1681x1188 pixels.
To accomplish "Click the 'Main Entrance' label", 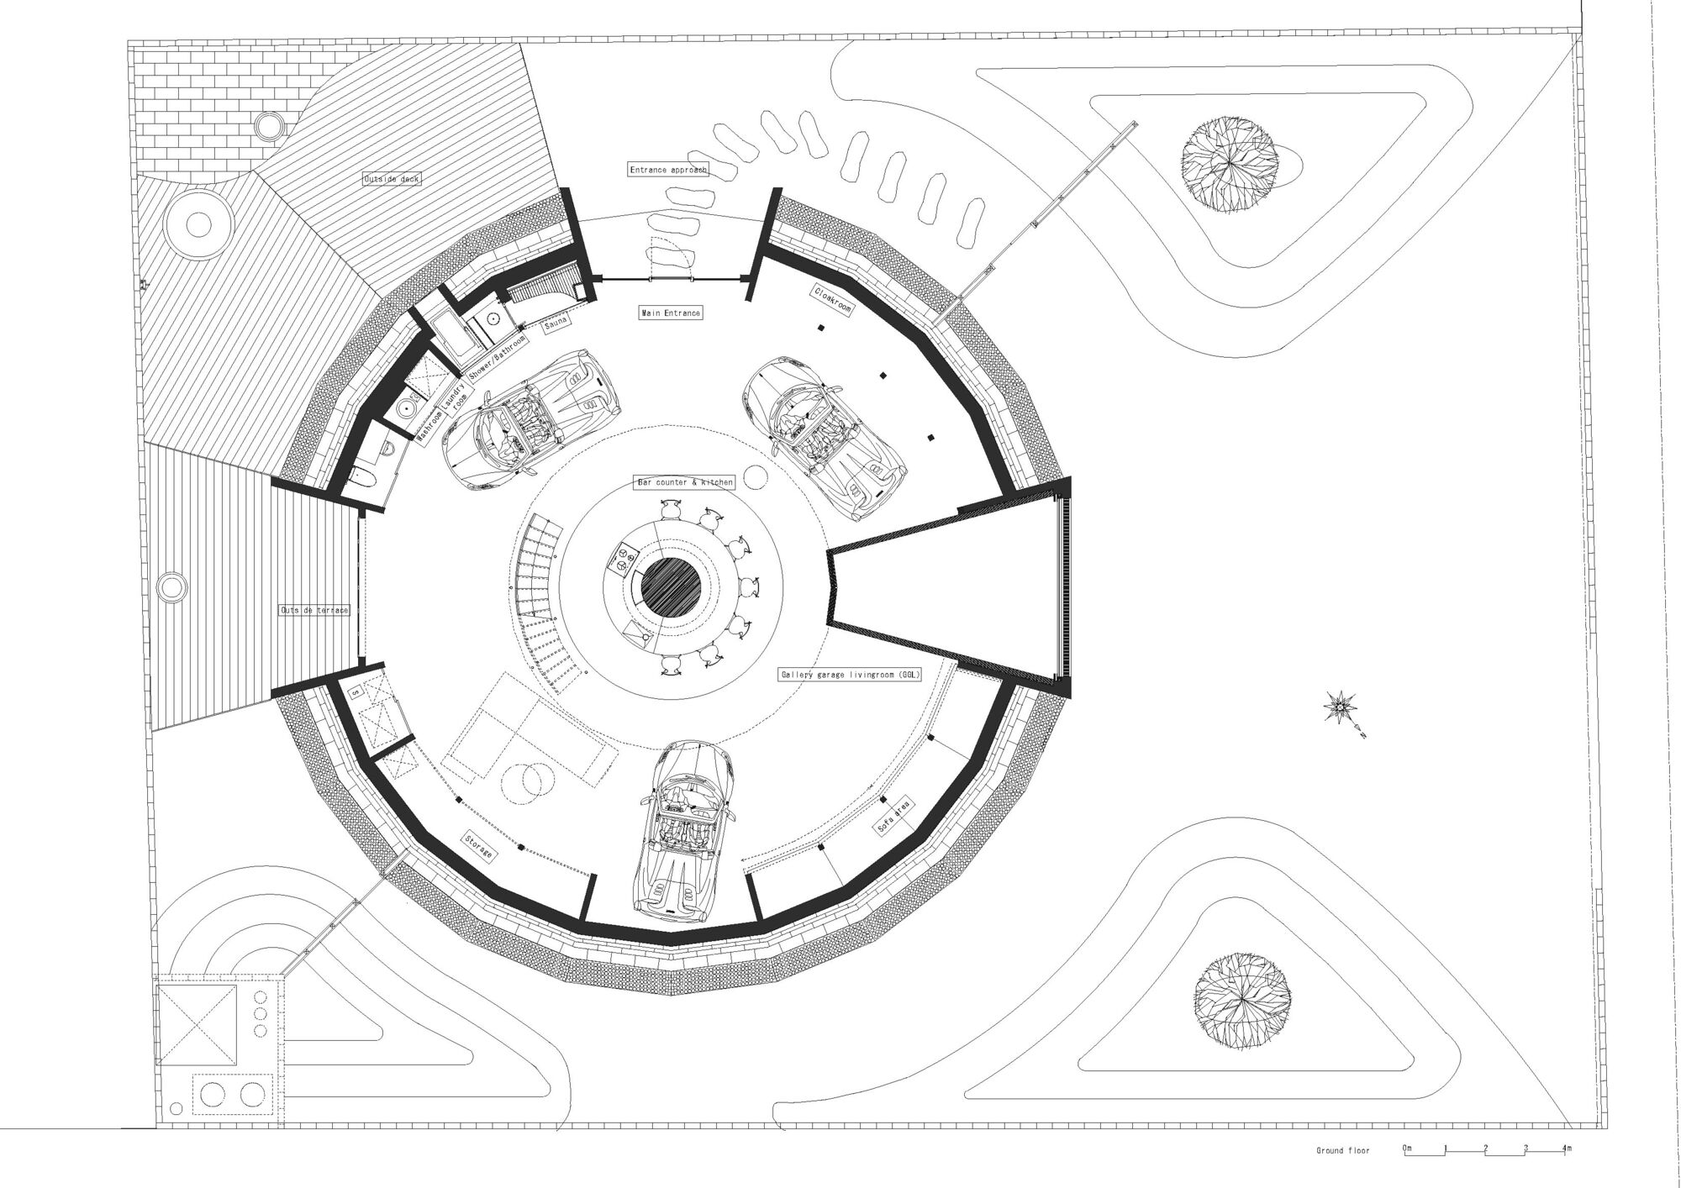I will click(x=670, y=313).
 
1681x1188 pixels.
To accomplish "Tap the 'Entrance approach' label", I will click(x=668, y=170).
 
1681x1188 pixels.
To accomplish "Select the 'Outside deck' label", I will click(x=391, y=179).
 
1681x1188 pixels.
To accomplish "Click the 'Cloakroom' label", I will click(x=832, y=300).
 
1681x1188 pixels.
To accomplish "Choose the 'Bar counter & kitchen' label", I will click(x=684, y=483).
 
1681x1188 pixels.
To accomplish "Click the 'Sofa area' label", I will click(x=893, y=816).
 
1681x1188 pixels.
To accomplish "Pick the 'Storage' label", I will click(x=477, y=846).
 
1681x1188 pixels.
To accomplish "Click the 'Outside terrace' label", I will click(x=314, y=611).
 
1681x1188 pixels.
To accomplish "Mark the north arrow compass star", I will click(x=1337, y=708).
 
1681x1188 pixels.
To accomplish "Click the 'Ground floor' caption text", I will click(x=1342, y=1150).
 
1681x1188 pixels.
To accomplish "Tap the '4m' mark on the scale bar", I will click(x=1566, y=1148).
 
